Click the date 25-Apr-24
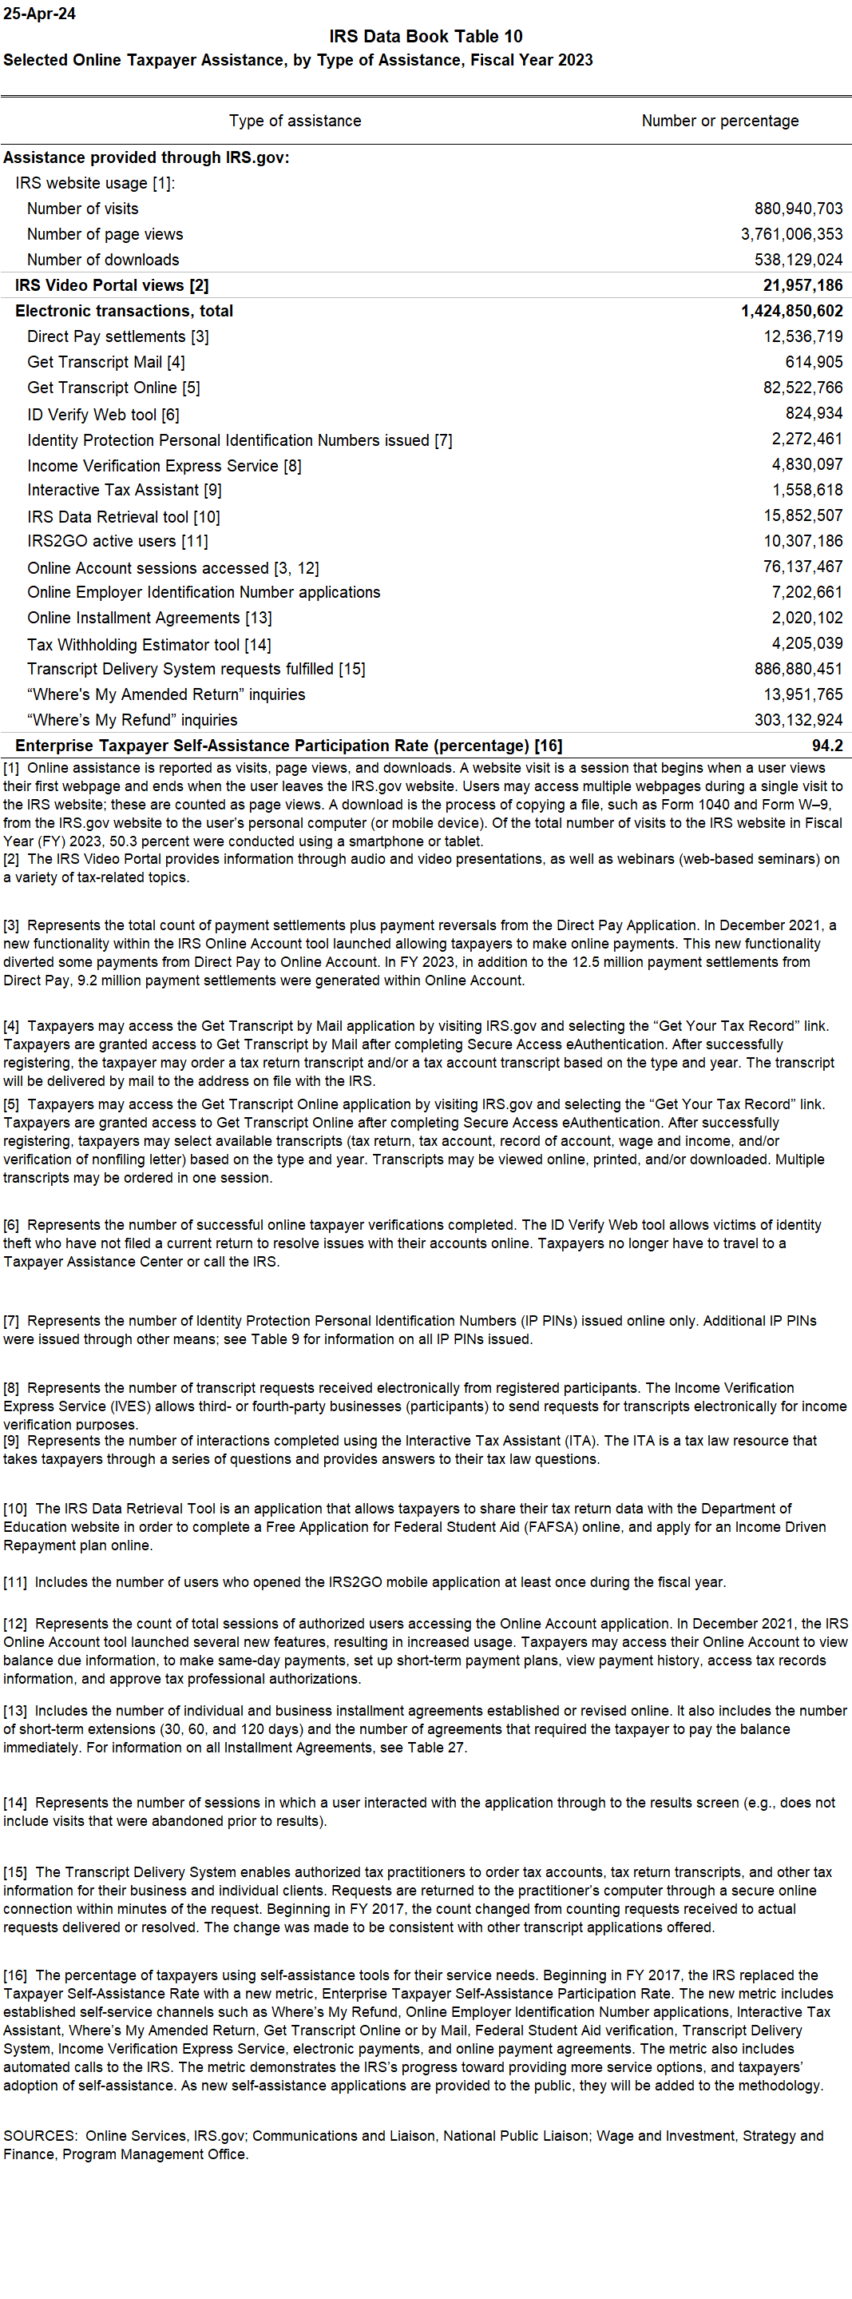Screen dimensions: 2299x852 [39, 14]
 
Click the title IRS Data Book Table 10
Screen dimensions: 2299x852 [426, 37]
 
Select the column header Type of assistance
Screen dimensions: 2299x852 [295, 121]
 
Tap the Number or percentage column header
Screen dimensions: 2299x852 [720, 121]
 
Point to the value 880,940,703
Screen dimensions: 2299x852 [798, 209]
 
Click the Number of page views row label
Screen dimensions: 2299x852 [105, 234]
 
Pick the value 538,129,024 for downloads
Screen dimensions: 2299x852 [798, 260]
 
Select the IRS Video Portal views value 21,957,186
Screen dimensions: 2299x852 [802, 285]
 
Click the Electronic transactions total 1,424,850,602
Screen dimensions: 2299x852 [791, 311]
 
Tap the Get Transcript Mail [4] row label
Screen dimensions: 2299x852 [106, 362]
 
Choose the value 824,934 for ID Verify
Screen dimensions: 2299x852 [814, 413]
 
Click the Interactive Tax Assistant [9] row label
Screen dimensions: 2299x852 [124, 490]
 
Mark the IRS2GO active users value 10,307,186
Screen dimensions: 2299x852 [802, 541]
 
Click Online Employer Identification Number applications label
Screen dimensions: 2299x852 [204, 593]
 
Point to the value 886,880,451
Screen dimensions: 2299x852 [798, 669]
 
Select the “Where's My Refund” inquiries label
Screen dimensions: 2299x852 [132, 720]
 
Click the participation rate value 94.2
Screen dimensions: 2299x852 [827, 746]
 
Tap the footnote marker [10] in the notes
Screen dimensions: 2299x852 [15, 1508]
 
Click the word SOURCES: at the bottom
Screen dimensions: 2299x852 [40, 2136]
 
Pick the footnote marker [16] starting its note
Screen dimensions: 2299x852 [15, 1975]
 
